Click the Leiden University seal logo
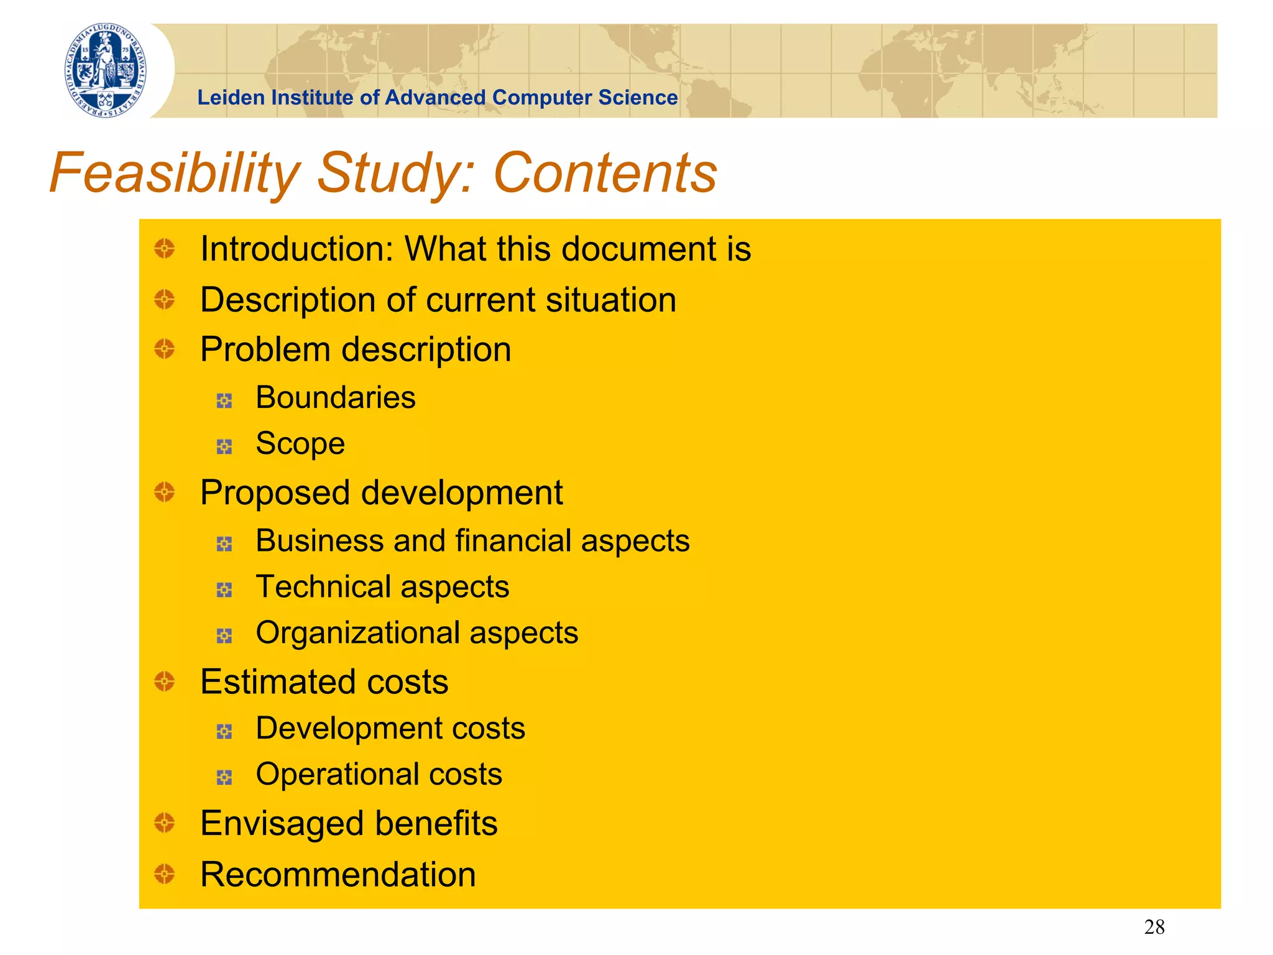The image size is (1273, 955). pos(106,70)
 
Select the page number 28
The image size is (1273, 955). pos(1154,927)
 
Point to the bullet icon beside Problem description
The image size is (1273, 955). pos(165,349)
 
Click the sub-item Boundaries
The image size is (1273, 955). pos(336,397)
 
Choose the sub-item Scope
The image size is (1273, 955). pos(300,444)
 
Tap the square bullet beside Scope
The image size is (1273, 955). pos(224,446)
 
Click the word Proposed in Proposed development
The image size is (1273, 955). pos(275,493)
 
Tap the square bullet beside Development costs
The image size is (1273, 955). pos(224,731)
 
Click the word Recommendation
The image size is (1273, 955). pos(338,875)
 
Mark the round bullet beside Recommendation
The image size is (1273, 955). pos(165,874)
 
